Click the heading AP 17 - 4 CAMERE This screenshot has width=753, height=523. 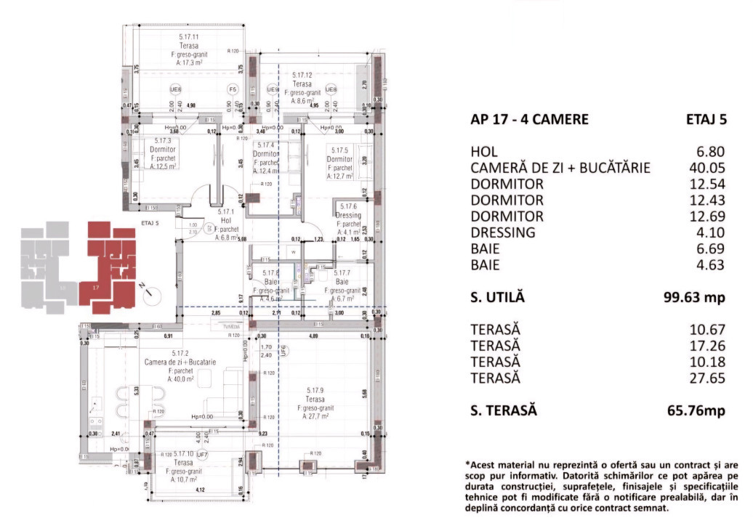tap(529, 120)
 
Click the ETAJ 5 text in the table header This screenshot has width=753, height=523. tap(705, 120)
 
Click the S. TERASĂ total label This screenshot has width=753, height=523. tap(504, 410)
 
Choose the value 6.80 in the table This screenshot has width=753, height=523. tap(709, 152)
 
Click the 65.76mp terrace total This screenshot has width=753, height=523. tap(696, 410)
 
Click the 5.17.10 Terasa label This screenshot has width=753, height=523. tap(172, 461)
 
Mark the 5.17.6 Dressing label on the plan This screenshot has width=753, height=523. tap(347, 215)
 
